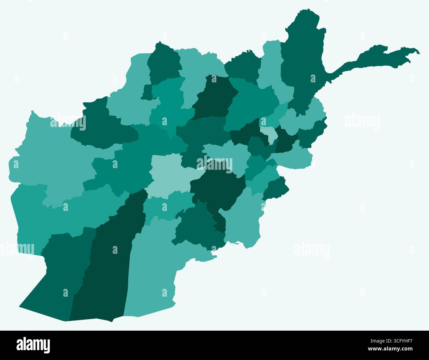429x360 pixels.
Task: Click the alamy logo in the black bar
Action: coord(33,345)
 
